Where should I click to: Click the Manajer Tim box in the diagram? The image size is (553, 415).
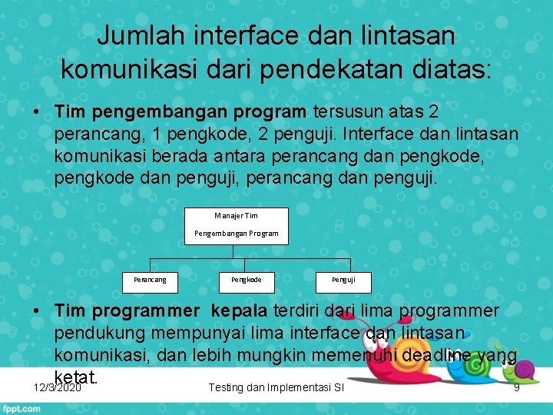pyautogui.click(x=236, y=225)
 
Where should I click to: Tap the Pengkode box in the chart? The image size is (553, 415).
pyautogui.click(x=247, y=281)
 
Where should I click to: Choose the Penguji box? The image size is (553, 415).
pyautogui.click(x=343, y=281)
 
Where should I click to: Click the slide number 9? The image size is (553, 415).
pyautogui.click(x=516, y=387)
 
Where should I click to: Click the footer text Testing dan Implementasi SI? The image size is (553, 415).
pyautogui.click(x=276, y=387)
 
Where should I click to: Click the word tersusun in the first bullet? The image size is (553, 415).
pyautogui.click(x=346, y=112)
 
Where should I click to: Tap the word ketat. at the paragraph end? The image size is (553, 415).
pyautogui.click(x=76, y=377)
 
